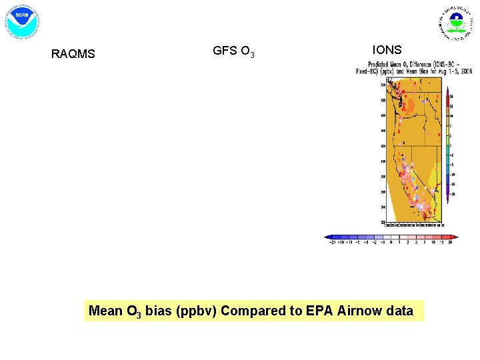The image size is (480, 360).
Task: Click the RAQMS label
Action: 73,54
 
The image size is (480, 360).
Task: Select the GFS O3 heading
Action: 233,51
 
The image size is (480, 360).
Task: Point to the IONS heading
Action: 387,50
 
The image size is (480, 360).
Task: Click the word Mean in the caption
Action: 105,311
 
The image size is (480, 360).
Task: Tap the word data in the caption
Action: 399,311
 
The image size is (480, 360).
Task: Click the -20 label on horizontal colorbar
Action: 331,243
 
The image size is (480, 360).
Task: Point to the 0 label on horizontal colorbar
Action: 391,243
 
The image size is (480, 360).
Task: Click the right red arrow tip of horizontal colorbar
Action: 457,237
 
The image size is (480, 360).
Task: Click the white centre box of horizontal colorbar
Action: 391,237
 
